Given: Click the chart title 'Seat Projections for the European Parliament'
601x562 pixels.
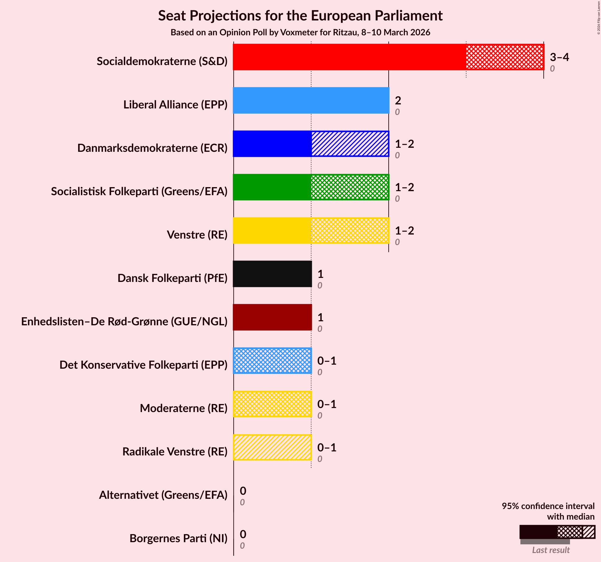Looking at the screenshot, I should pos(300,16).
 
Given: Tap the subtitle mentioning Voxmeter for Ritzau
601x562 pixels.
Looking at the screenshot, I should pos(300,33).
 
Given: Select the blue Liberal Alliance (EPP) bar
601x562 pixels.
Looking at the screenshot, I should pos(311,100).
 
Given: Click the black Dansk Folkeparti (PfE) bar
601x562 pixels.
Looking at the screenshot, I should pos(272,274).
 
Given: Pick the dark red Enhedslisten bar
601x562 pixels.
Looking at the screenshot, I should pos(272,317).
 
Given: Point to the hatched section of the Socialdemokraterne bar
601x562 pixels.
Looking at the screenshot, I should pos(505,57).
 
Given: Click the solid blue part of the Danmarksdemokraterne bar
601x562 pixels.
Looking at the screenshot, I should pos(272,144).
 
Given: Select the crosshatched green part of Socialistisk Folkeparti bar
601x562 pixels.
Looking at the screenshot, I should pos(350,187).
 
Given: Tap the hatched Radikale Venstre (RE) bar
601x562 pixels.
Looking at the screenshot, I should pos(272,447).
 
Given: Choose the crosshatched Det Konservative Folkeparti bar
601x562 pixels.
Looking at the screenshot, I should pos(272,361).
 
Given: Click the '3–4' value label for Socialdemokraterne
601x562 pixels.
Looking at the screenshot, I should pos(559,57).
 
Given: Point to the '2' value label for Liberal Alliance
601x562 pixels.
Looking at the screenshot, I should pos(398,101).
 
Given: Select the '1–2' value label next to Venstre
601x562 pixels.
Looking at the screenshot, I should pos(404,231).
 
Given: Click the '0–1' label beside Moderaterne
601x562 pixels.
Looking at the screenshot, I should pos(327,404).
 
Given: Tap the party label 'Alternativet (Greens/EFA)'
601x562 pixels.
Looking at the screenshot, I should pos(163,495).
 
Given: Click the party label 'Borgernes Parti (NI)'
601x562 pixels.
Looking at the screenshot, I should pos(178,538).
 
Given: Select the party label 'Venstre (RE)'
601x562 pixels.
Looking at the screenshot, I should pos(197,235).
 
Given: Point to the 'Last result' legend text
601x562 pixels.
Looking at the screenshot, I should pos(551,550).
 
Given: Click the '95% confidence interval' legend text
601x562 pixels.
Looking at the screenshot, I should pos(548,506).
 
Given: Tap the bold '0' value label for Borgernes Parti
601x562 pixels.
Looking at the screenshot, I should pos(243,534).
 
